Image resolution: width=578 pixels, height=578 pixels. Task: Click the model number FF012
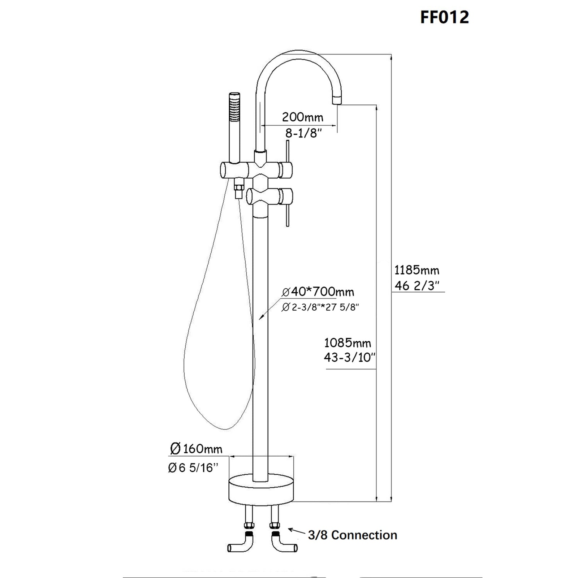tap(444, 17)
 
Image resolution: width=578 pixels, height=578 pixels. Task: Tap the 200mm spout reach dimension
tap(302, 117)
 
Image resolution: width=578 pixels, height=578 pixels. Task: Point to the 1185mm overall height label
tap(417, 270)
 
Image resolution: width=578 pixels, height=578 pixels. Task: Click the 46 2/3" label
tap(417, 286)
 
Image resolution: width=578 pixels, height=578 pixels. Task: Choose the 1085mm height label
tap(348, 342)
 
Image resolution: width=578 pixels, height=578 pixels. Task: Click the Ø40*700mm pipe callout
tap(318, 292)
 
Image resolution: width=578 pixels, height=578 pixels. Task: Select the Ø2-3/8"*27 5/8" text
tap(320, 307)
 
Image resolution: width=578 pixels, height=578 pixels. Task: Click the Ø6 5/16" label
tap(193, 468)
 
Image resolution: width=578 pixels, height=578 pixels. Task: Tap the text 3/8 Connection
tap(352, 535)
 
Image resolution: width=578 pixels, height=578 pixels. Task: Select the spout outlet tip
tap(336, 99)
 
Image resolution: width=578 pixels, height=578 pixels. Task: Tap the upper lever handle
tap(288, 152)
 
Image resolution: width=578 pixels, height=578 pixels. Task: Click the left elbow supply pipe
tap(241, 545)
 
